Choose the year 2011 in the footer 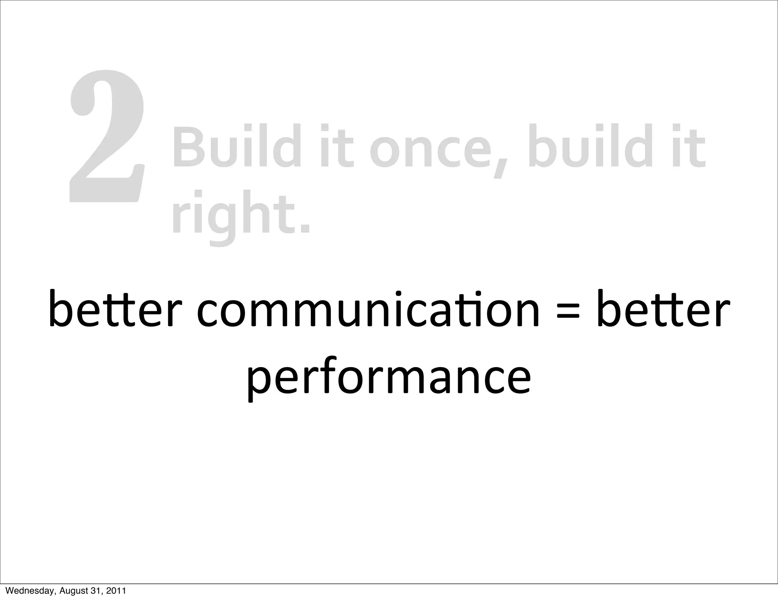pos(116,591)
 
